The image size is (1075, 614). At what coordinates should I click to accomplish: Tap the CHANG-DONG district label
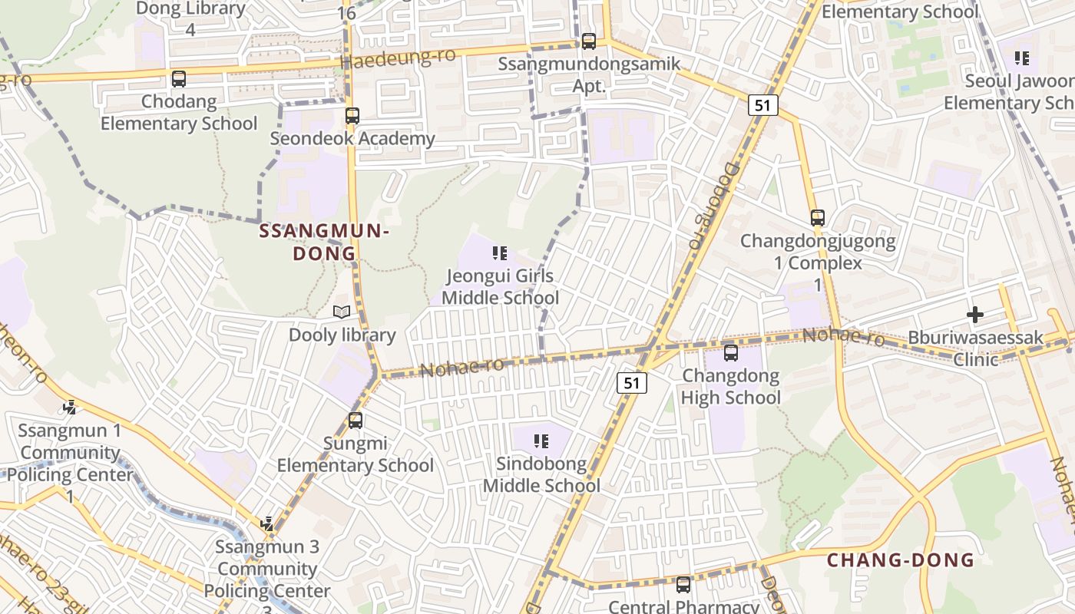900,560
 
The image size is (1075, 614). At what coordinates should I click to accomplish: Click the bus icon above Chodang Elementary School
179,78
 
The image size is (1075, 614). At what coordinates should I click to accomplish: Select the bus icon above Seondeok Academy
352,116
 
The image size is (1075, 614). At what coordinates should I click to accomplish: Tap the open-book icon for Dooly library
342,312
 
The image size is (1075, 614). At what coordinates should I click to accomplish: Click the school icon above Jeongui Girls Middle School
500,253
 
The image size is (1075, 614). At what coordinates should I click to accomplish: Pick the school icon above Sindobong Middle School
541,441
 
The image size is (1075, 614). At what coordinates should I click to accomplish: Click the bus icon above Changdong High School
730,353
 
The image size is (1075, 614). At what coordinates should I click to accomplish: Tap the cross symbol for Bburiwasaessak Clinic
974,314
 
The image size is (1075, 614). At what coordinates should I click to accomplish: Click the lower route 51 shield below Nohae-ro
631,383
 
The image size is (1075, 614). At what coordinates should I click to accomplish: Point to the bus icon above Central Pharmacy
683,584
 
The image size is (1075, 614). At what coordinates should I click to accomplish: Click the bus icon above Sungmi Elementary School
355,421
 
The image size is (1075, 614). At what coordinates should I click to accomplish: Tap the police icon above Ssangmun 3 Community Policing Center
266,524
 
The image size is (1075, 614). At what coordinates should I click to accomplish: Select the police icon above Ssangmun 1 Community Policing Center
70,407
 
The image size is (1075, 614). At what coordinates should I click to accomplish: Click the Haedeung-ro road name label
398,58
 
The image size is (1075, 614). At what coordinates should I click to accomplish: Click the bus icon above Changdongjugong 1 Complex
817,218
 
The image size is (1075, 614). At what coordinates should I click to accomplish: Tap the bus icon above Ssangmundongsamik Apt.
588,41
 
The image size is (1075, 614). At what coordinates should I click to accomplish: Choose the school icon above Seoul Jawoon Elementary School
1021,58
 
